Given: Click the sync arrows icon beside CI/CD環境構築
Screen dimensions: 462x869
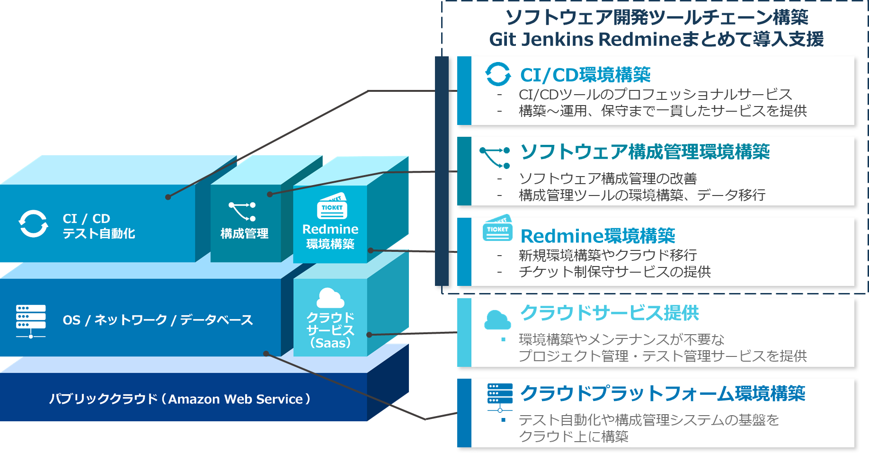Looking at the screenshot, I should pyautogui.click(x=498, y=74).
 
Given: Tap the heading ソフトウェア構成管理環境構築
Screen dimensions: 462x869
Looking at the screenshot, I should pyautogui.click(x=645, y=152).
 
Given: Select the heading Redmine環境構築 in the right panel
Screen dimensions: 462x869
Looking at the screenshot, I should pyautogui.click(x=597, y=236).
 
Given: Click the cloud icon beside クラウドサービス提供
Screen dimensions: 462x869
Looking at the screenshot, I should pyautogui.click(x=497, y=320).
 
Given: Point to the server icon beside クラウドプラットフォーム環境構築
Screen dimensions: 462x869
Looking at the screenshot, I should pyautogui.click(x=500, y=397).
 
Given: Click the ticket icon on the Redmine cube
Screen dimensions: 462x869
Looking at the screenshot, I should pyautogui.click(x=332, y=206).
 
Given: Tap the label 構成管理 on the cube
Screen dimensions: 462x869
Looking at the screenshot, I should pyautogui.click(x=244, y=233).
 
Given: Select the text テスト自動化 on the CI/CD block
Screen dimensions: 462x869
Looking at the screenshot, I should pyautogui.click(x=99, y=233).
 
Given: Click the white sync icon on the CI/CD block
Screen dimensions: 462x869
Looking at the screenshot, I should pyautogui.click(x=33, y=223).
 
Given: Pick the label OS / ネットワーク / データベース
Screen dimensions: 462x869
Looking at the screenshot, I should pyautogui.click(x=158, y=320).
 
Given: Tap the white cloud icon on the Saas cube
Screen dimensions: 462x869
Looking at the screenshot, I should pyautogui.click(x=330, y=298).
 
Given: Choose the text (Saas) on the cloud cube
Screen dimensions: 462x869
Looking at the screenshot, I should pyautogui.click(x=330, y=343).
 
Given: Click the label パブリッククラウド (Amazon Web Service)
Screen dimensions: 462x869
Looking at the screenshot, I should pyautogui.click(x=180, y=399).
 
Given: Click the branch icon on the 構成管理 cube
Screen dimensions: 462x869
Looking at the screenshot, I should pyautogui.click(x=242, y=211).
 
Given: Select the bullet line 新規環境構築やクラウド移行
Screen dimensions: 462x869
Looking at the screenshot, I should pyautogui.click(x=608, y=255).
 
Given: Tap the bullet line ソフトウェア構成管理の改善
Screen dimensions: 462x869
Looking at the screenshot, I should pyautogui.click(x=608, y=178).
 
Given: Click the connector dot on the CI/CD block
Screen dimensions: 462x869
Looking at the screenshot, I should pyautogui.click(x=168, y=197).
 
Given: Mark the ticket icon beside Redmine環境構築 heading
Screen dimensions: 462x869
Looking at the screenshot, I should pyautogui.click(x=497, y=229).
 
